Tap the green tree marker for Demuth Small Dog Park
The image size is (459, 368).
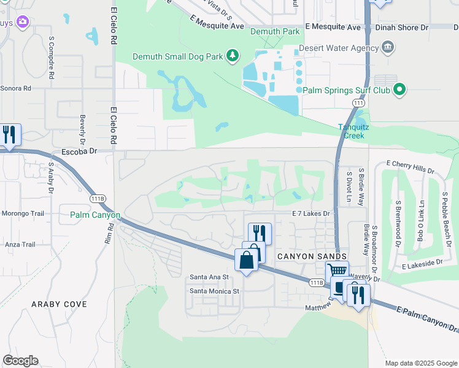click(x=233, y=57)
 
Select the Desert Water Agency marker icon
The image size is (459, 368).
click(x=387, y=47)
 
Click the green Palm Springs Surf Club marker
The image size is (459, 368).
click(x=400, y=90)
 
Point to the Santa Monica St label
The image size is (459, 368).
click(x=214, y=291)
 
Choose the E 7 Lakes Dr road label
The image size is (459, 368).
click(x=310, y=213)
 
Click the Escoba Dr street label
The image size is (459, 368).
click(x=79, y=151)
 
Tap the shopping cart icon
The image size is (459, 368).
click(x=336, y=270)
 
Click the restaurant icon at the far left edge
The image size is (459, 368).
click(x=9, y=134)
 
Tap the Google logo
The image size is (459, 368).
click(x=20, y=361)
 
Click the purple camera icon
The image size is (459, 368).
click(x=23, y=22)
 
